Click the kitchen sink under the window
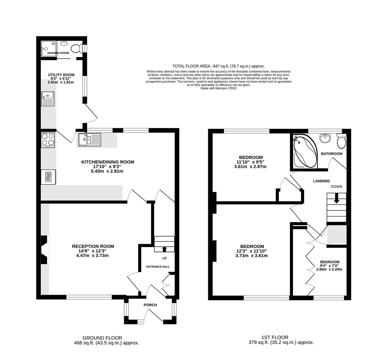(90, 140)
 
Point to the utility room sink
(48, 99)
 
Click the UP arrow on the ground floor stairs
(164, 248)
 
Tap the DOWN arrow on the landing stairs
(336, 200)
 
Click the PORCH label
(150, 305)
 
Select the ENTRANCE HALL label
(158, 267)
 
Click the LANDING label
(321, 181)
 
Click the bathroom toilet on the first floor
(342, 141)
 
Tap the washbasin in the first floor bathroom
(325, 138)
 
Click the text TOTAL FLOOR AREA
(191, 66)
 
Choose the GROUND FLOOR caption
(102, 338)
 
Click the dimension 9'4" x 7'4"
(329, 266)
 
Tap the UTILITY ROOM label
(61, 75)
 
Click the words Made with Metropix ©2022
(219, 88)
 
